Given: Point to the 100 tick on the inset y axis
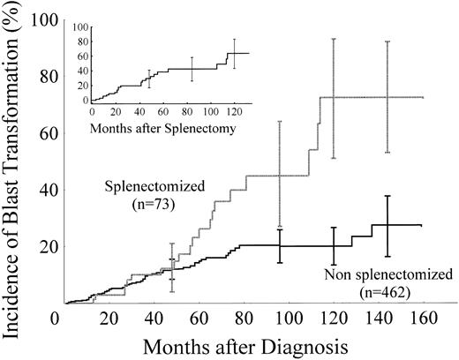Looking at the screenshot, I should pyautogui.click(x=80, y=26).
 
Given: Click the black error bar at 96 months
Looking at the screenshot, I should pyautogui.click(x=280, y=245).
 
